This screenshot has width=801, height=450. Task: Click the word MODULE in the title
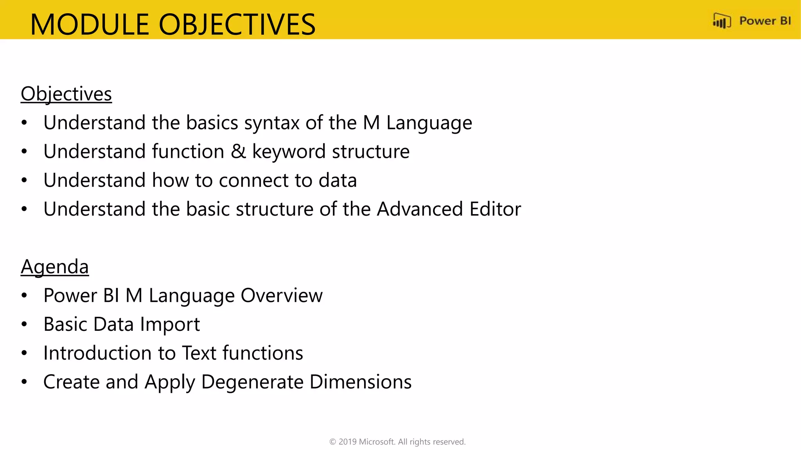[90, 24]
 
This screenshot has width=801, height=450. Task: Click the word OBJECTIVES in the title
[237, 24]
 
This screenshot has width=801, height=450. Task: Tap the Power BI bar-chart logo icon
[722, 21]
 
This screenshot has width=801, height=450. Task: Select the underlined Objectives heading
[66, 94]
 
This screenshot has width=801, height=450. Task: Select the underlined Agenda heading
[55, 267]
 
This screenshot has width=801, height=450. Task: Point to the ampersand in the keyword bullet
[238, 152]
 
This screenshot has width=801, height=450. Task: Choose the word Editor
[495, 209]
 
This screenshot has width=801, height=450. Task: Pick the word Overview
[282, 296]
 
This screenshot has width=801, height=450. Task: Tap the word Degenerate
[252, 382]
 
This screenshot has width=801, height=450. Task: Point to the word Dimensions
[360, 382]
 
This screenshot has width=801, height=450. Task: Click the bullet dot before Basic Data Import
[24, 324]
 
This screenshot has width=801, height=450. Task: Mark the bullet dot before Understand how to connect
[24, 180]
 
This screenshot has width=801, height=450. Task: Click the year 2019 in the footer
[347, 442]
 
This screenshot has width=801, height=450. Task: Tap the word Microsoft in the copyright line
[377, 442]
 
